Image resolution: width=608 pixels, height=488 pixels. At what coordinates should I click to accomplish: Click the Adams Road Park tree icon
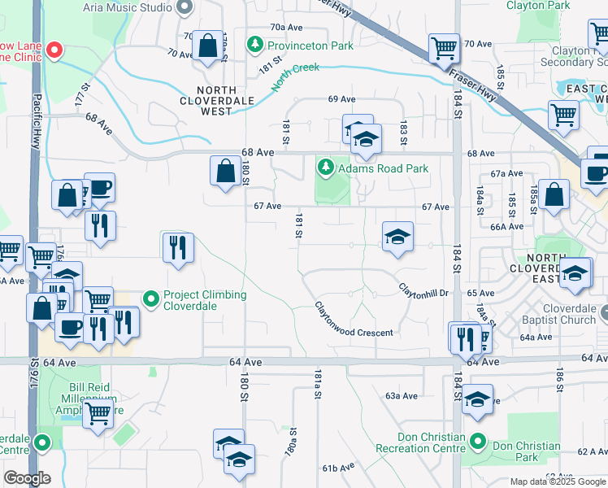tap(326, 168)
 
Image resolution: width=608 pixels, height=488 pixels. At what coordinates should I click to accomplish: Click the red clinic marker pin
tap(54, 49)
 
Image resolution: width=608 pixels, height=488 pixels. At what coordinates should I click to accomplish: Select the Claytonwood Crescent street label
tap(354, 320)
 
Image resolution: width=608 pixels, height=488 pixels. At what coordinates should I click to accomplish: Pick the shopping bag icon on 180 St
tap(225, 171)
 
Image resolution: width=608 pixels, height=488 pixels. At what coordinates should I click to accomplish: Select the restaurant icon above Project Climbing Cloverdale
tap(178, 246)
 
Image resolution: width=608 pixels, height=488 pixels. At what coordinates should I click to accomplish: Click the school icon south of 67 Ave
tap(397, 237)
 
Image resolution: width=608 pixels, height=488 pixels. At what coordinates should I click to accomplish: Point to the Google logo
tap(28, 477)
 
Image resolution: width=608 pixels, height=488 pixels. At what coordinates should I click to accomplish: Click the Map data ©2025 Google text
tap(558, 481)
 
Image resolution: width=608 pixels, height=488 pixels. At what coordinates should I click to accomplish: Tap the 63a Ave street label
tap(402, 395)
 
